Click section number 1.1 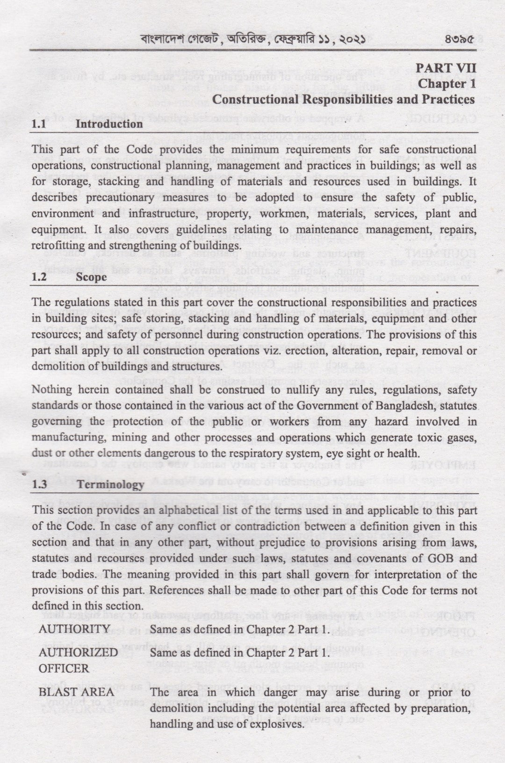pos(39,124)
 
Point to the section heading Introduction pos(109,124)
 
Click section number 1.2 pos(39,277)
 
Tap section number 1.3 pos(39,485)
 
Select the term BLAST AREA pos(76,692)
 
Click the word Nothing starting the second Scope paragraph pos(51,390)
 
